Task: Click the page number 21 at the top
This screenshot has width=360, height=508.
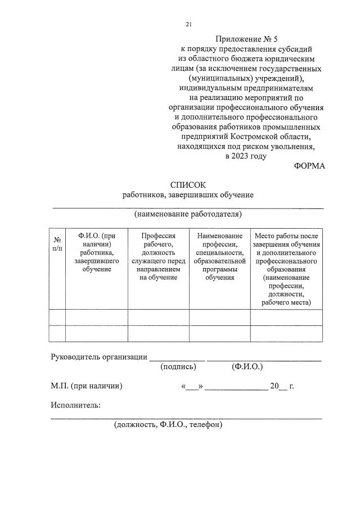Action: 189,24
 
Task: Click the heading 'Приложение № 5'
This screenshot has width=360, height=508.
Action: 247,39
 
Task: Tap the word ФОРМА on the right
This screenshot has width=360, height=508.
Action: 309,166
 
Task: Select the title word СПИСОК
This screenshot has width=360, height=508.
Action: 188,184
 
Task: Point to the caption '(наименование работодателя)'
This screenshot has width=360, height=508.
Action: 188,214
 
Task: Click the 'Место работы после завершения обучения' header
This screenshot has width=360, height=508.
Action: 286,269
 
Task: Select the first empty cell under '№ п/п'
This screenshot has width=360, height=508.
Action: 57,317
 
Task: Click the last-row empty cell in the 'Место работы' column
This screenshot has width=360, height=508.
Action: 286,333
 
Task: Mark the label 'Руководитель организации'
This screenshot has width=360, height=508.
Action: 99,357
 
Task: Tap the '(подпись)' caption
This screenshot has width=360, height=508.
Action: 178,367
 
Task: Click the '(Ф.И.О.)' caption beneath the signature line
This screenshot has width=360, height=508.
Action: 247,367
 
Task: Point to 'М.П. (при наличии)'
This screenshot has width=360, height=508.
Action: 87,386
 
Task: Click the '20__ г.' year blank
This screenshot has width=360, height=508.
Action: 282,386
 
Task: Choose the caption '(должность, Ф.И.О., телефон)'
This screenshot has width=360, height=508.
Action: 168,425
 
